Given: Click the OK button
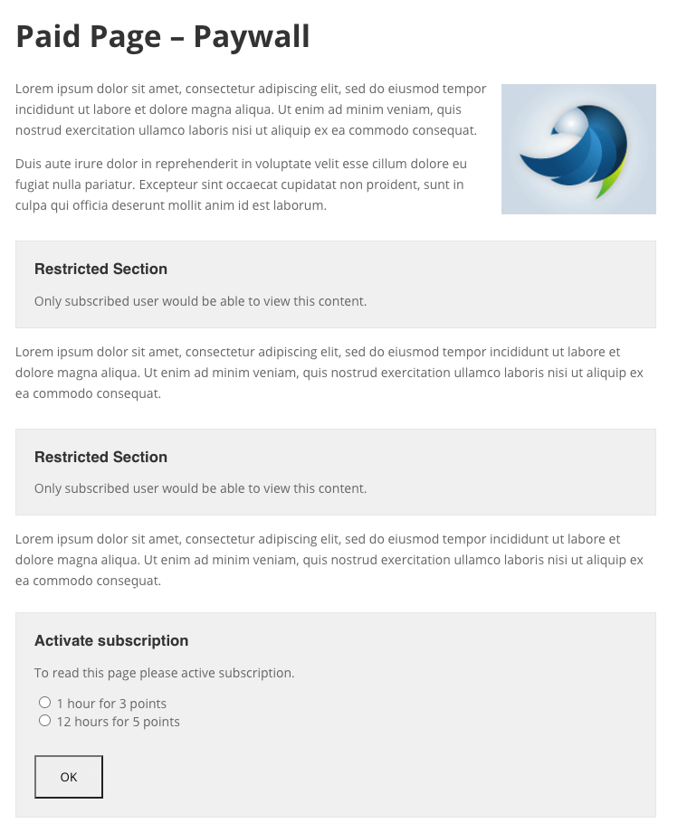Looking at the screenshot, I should point(69,777).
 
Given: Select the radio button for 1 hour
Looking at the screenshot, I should point(44,703).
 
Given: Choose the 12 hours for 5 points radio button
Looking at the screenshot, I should point(44,721).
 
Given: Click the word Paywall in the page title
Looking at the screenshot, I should point(252,36).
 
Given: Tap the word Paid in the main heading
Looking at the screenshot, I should point(50,36).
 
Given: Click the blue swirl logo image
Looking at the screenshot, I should point(578,149).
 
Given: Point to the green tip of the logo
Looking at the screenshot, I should point(613,181).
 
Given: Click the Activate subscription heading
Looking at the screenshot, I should point(111,640).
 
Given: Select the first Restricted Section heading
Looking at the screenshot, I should point(100,269).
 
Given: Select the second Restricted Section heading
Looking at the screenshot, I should point(100,457).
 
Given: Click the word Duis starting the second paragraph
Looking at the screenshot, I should point(30,164).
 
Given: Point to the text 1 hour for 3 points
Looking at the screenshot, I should point(111,704).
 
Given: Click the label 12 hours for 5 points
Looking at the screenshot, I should point(119,722).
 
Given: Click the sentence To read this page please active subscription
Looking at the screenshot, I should point(164,673).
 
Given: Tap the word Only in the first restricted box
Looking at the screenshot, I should point(48,301).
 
